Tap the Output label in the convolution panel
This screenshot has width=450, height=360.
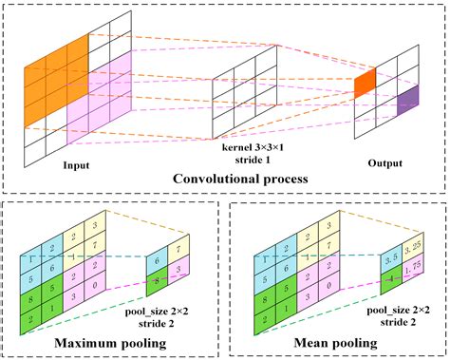pyautogui.click(x=385, y=162)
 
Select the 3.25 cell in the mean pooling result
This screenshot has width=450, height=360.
pyautogui.click(x=397, y=250)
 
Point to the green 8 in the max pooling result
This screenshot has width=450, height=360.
pyautogui.click(x=155, y=281)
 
